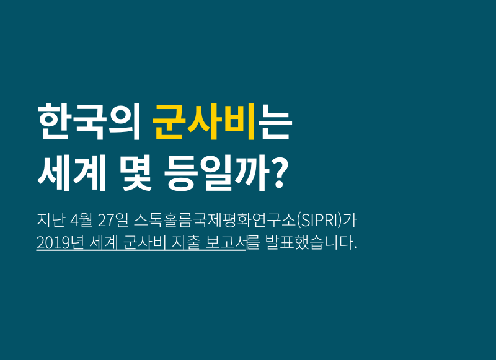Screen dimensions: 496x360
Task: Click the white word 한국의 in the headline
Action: click(89, 121)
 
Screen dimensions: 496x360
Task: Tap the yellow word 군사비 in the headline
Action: click(204, 121)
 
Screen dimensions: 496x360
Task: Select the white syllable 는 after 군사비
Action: click(274, 121)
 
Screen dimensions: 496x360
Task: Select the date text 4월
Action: click(81, 221)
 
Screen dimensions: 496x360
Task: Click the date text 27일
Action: click(113, 221)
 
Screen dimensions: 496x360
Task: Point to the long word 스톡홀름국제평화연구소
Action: click(215, 221)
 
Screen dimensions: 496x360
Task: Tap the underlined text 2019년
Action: click(60, 243)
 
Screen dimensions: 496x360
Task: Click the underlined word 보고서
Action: click(226, 243)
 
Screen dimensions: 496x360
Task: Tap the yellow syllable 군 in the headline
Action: click(168, 121)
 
